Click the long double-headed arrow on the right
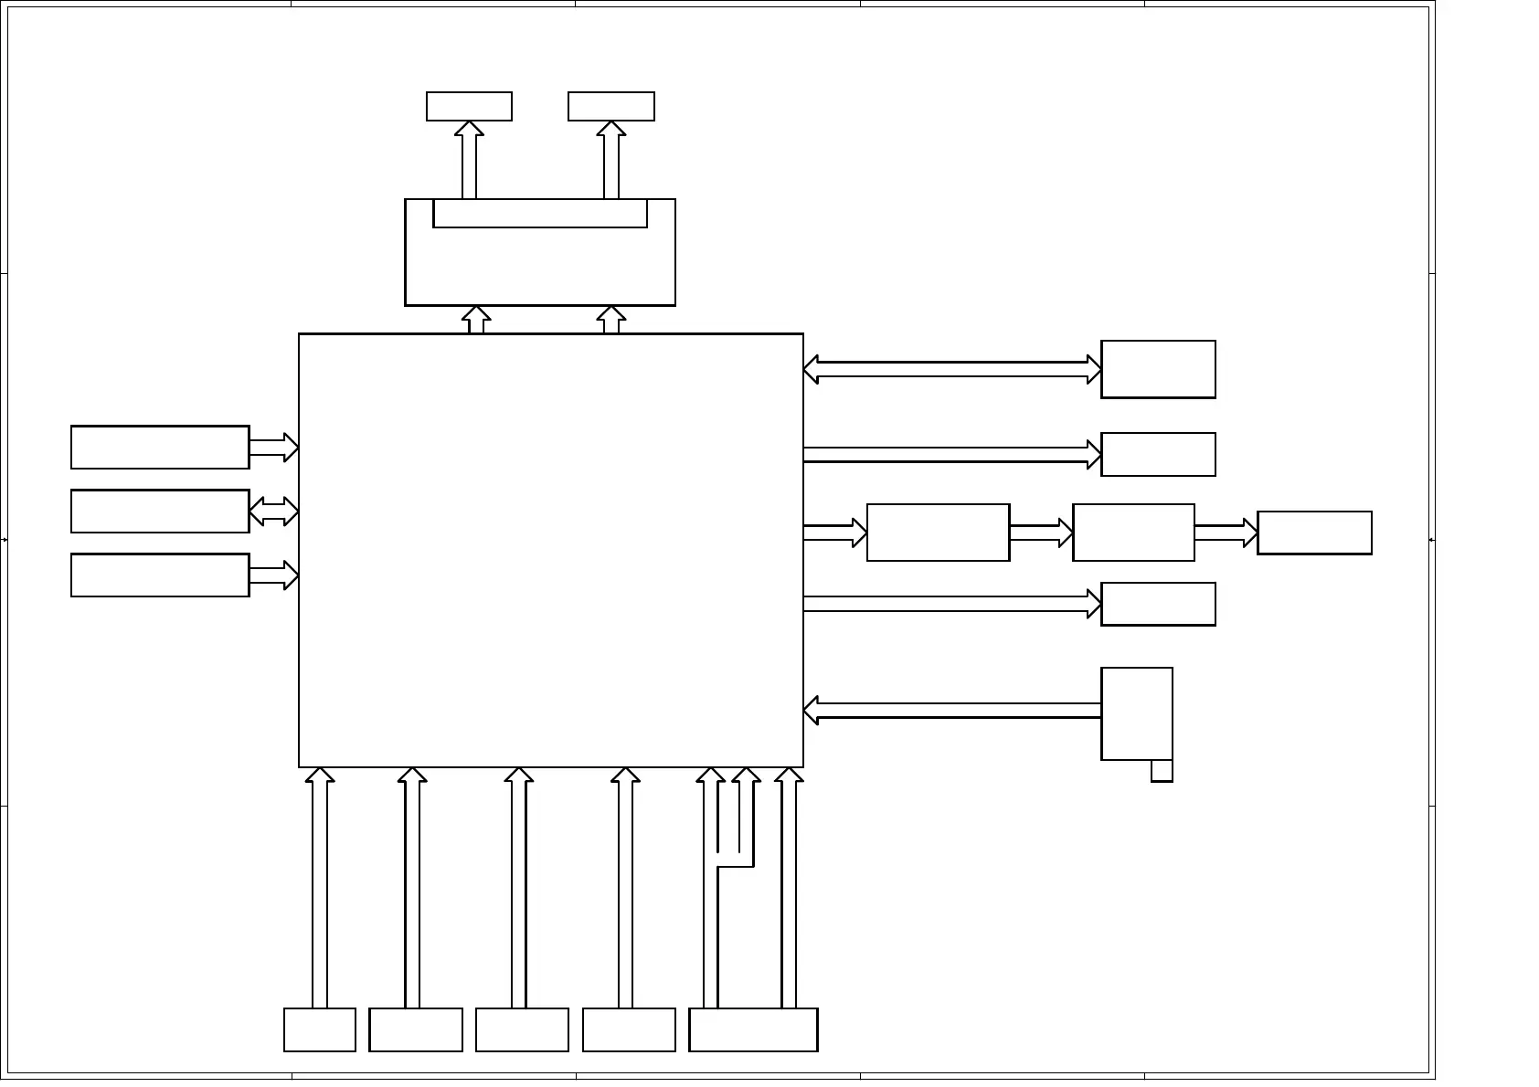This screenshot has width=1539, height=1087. pos(952,370)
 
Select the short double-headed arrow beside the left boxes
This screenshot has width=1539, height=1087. pos(273,512)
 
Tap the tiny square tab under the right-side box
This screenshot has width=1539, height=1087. pos(1162,771)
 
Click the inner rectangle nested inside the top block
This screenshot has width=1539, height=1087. pos(540,214)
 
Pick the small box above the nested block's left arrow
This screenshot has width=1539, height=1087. pos(469,106)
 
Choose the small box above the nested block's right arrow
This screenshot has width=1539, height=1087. pos(611,106)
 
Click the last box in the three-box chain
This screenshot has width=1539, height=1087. pos(1314,533)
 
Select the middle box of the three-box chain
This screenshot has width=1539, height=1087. pos(1133,533)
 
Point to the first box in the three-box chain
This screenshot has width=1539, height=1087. pos(938,533)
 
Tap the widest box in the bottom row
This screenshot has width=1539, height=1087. pos(753,1029)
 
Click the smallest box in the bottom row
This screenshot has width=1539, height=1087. pos(320,1029)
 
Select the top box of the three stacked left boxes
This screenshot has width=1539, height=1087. pos(160,448)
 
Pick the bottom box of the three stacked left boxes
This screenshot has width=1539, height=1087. pos(160,575)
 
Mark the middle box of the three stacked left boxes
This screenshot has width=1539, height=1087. pos(160,512)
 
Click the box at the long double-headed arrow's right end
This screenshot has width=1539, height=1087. pos(1158,370)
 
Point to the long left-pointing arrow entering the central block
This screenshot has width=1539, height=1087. pos(952,711)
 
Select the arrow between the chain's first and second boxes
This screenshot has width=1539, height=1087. pos(1041,533)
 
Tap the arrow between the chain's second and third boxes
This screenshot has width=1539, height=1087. pos(1226,533)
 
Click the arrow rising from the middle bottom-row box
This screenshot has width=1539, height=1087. pos(518,886)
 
